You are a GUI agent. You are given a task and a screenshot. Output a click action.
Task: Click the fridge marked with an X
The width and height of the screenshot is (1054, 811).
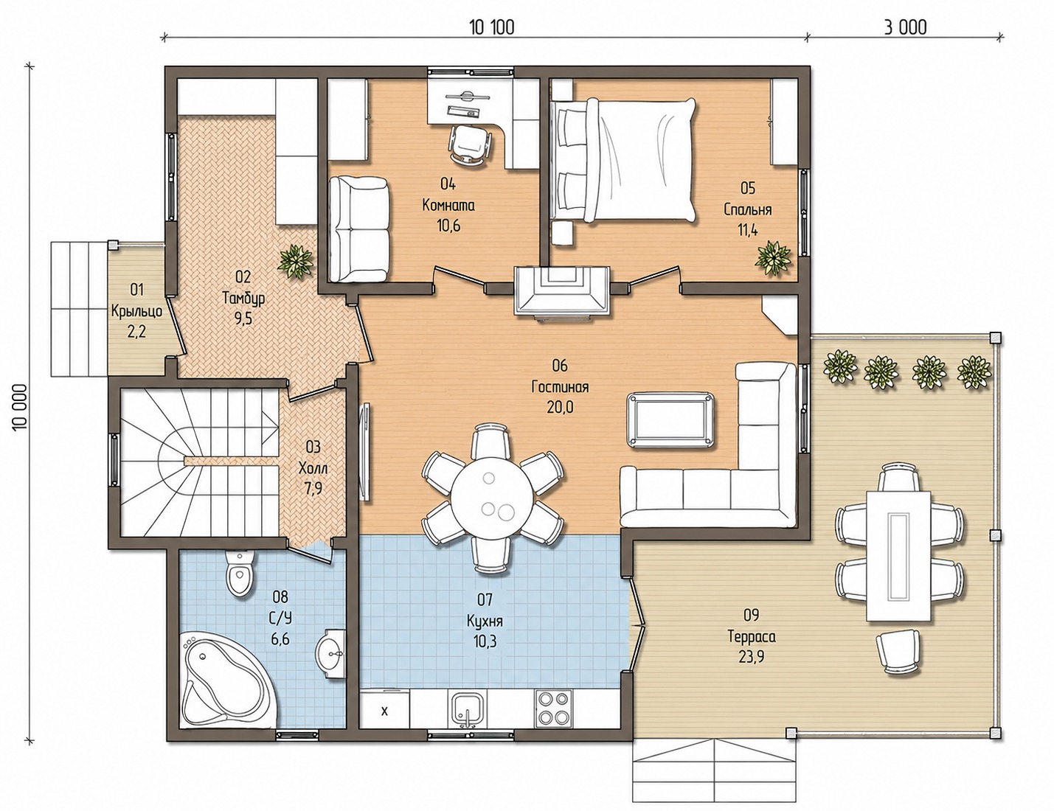[384, 711]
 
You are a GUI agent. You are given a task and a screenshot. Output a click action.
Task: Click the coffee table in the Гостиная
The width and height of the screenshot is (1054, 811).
[671, 420]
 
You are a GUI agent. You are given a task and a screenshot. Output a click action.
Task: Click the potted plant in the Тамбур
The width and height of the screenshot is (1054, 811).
[295, 262]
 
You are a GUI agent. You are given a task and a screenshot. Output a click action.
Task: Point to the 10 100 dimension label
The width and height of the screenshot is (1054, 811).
[491, 28]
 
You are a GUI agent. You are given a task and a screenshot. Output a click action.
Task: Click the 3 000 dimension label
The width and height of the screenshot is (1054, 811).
[905, 27]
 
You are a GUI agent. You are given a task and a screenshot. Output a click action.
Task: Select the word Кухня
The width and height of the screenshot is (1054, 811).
[485, 621]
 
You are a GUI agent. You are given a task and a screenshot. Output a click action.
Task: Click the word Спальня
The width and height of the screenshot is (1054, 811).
[747, 210]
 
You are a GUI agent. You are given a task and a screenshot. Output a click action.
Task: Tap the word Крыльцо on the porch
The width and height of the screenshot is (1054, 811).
[136, 312]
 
